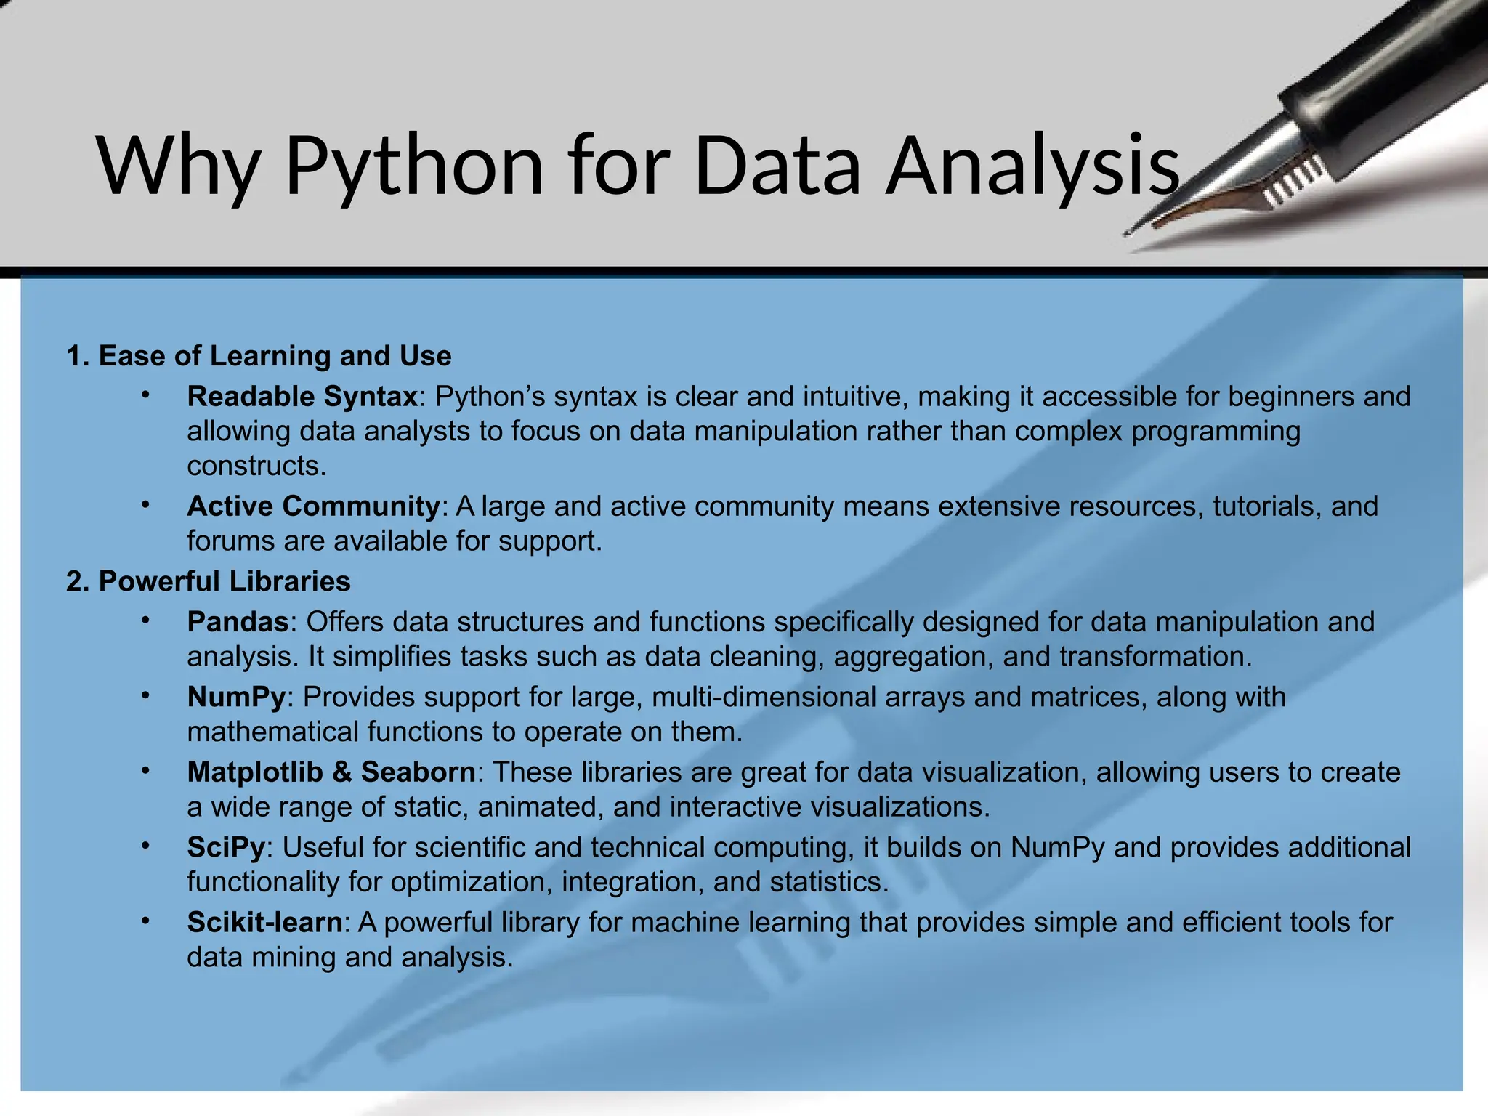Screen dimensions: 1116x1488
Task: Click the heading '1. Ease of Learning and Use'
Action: click(x=259, y=356)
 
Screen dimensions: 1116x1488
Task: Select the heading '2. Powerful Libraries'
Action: click(x=209, y=581)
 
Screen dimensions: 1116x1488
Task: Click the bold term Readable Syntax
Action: click(x=302, y=397)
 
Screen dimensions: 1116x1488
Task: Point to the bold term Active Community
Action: click(x=313, y=506)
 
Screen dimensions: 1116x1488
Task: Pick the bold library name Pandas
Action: click(x=238, y=622)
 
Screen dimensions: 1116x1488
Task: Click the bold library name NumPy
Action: click(x=236, y=697)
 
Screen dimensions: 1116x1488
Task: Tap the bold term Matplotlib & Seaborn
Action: click(x=331, y=772)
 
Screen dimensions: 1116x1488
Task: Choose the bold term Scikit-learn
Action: click(x=264, y=922)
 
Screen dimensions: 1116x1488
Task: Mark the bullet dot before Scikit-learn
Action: click(x=145, y=921)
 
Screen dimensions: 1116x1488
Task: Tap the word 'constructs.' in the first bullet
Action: click(x=256, y=466)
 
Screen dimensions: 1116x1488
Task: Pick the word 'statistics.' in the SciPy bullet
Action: click(x=829, y=882)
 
